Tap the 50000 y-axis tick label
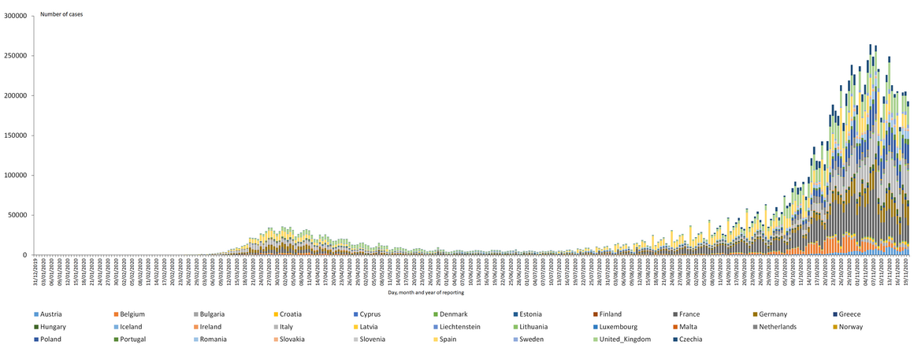click(x=18, y=215)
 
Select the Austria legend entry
click(x=52, y=314)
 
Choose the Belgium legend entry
click(x=132, y=314)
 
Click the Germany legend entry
click(x=775, y=314)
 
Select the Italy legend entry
click(x=287, y=326)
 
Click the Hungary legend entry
click(x=53, y=326)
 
